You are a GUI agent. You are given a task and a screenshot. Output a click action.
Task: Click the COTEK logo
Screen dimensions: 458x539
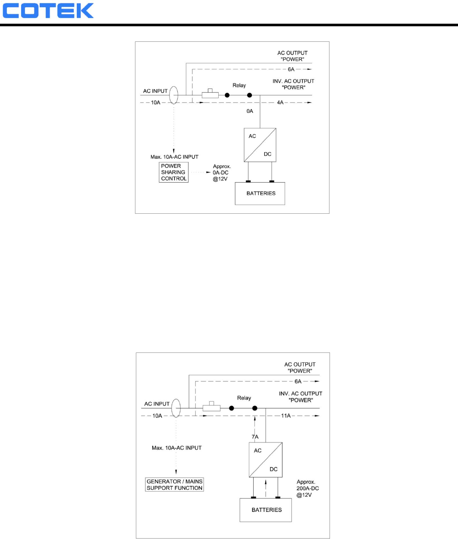coord(48,11)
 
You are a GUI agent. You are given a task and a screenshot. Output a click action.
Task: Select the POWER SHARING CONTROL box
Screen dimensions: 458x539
coord(174,172)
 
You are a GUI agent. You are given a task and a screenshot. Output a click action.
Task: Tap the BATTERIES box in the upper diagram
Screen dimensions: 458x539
coord(260,193)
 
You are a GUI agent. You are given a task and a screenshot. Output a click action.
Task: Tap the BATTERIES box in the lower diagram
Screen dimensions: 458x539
coord(266,510)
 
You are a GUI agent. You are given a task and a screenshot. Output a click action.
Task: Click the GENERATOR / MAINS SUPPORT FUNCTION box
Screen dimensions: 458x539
coord(175,485)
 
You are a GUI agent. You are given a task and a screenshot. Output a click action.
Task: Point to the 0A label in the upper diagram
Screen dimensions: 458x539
coord(250,111)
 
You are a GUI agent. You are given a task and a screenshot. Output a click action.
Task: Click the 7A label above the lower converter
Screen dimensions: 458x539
coord(255,437)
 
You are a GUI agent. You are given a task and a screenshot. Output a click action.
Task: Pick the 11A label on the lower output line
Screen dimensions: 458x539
coord(286,416)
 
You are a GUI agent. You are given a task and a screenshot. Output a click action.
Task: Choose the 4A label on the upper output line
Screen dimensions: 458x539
coord(280,103)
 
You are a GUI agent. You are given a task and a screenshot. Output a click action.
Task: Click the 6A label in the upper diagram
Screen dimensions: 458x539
coord(292,69)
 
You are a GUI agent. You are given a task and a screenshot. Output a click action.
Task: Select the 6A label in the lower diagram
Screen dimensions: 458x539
coord(298,381)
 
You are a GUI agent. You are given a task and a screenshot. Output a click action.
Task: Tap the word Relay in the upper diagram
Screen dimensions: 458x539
coord(239,85)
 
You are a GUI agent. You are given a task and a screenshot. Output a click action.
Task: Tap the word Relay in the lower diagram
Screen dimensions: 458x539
coord(244,398)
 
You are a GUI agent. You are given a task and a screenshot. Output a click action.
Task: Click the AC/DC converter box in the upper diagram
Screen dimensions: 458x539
coord(260,145)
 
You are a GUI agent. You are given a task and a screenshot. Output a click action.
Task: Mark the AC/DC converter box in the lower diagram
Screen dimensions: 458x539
coord(266,460)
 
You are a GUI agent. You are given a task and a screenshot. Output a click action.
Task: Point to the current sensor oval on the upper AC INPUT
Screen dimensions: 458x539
coord(173,95)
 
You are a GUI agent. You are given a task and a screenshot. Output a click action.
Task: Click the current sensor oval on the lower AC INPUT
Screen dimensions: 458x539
coord(176,408)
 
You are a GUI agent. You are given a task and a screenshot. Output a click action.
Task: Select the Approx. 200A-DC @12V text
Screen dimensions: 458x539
coord(308,489)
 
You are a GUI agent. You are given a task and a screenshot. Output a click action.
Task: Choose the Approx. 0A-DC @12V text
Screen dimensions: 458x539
coord(221,172)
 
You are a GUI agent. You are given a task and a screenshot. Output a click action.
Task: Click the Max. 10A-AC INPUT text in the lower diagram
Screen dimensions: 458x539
coord(177,448)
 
